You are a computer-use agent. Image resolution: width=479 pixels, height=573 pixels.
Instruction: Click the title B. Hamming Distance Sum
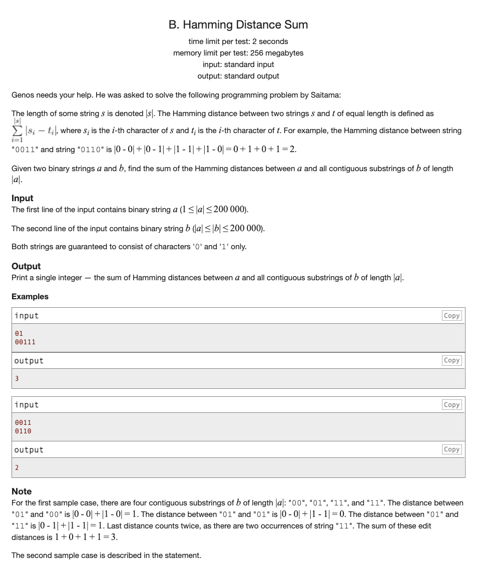pos(238,25)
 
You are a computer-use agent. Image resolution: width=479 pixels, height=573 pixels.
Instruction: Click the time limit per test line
pos(238,42)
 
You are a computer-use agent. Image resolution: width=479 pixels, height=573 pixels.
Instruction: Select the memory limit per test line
pos(238,53)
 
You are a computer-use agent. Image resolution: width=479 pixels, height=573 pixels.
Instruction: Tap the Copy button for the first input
pos(451,316)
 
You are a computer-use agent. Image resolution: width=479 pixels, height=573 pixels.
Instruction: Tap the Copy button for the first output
pos(451,360)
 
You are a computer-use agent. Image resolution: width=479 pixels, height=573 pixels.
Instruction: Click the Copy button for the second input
pos(451,405)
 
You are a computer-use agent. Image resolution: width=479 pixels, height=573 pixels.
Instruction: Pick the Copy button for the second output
pos(451,449)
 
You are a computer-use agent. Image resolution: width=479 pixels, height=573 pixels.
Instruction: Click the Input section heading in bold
pos(23,198)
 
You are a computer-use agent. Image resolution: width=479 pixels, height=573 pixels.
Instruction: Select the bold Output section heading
pos(26,266)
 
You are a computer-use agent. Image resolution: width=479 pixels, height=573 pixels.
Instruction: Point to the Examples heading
pos(30,296)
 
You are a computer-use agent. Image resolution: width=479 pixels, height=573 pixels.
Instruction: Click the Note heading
pos(22,491)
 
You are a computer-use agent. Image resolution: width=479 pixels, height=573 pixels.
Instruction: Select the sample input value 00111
pos(25,342)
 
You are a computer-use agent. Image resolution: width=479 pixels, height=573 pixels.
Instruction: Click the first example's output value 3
pos(17,378)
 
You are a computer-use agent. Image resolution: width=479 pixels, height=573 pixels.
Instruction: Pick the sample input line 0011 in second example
pos(23,422)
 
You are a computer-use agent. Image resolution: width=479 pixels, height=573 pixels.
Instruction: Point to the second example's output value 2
pos(17,467)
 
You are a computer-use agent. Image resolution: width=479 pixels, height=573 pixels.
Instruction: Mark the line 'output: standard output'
pos(238,76)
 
